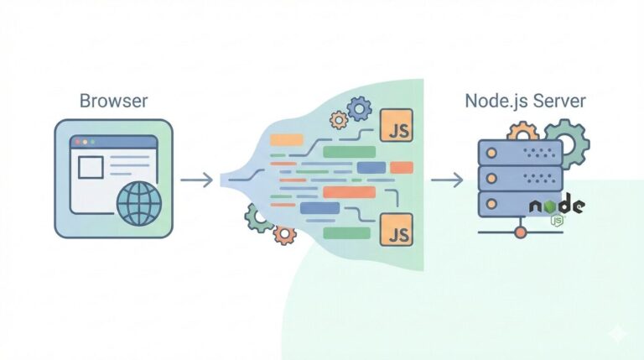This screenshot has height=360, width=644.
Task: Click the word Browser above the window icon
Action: tap(113, 102)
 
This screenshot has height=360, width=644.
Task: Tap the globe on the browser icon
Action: tap(138, 203)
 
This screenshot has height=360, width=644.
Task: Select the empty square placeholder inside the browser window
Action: tap(91, 169)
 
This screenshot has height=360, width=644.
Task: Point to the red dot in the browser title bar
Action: tap(77, 143)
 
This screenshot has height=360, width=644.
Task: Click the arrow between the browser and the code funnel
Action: tap(196, 179)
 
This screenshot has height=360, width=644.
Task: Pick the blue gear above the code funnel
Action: tap(360, 107)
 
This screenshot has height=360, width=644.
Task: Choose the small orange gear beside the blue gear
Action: tap(339, 120)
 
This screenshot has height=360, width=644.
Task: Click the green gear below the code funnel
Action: tap(259, 217)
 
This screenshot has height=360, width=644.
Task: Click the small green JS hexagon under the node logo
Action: tap(556, 221)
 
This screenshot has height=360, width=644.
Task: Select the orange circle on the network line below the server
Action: tap(520, 230)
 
